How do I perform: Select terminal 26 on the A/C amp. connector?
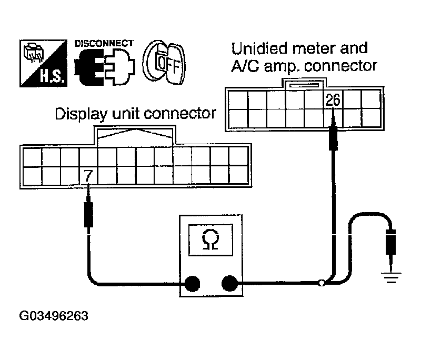pos(333,99)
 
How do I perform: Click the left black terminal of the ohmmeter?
pos(192,284)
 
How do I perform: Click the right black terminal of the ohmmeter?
pos(229,284)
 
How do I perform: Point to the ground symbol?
pos(390,276)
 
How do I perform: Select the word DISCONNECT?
pos(104,43)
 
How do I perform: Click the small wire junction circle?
pos(322,284)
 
